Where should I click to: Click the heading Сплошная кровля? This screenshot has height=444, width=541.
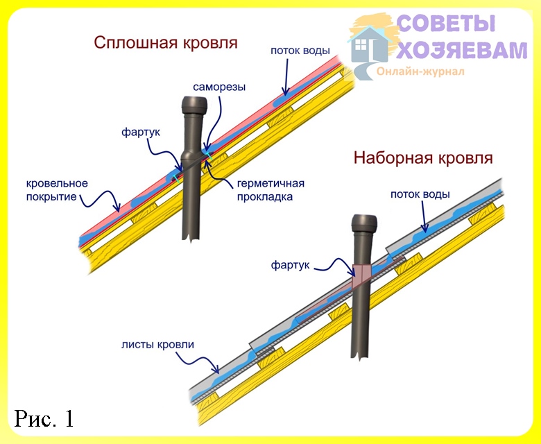tap(166, 43)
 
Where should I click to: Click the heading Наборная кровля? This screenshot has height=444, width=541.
tap(423, 158)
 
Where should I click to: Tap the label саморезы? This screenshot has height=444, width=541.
tap(219, 87)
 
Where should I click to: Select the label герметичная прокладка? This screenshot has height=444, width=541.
tap(270, 190)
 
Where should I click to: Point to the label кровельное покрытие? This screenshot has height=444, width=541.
tap(57, 190)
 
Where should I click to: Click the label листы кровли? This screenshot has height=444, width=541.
tap(157, 345)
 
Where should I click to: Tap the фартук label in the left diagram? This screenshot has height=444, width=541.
tap(141, 132)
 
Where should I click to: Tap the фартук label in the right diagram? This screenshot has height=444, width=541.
tap(290, 265)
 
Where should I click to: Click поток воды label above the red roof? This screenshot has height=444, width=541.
tap(300, 51)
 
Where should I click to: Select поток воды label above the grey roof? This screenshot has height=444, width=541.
tap(420, 194)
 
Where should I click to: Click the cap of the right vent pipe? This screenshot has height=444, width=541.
tap(364, 223)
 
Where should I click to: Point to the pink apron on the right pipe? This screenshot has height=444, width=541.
tap(361, 276)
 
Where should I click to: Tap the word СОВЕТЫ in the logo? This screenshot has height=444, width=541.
tap(446, 24)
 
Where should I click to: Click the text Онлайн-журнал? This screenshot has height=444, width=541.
tap(420, 71)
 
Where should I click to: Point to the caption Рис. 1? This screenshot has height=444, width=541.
tap(44, 418)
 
